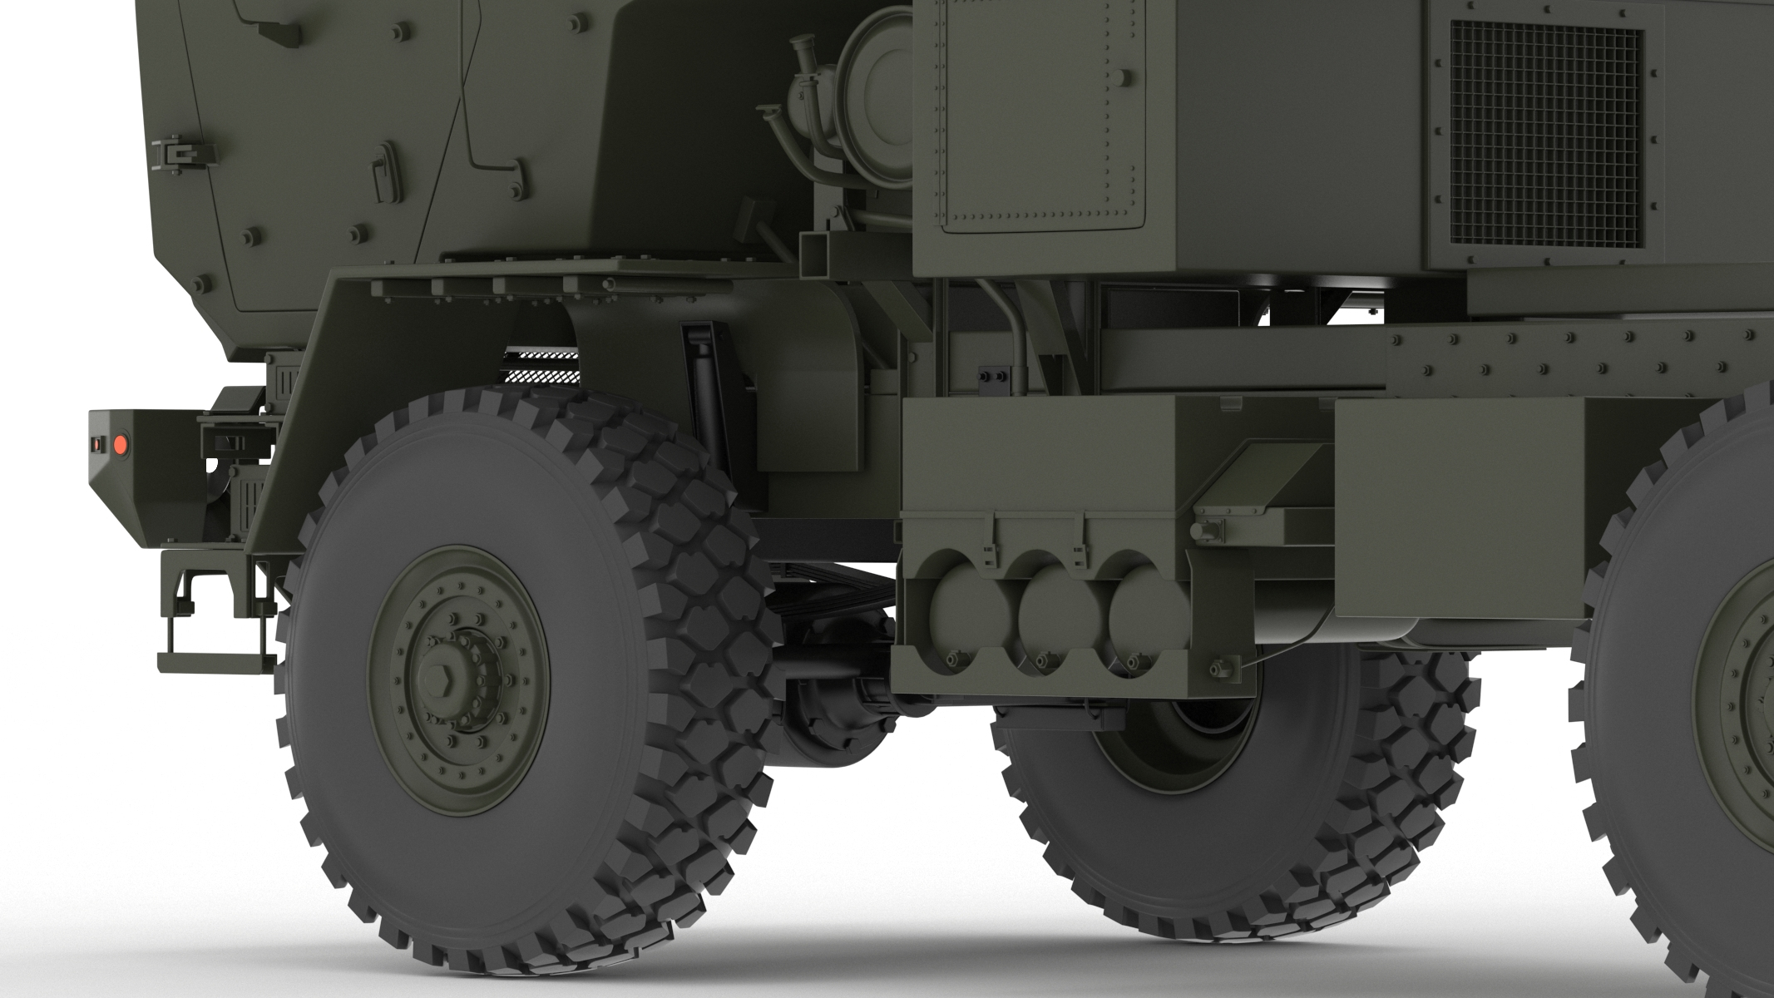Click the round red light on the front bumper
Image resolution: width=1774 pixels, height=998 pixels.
pos(121,443)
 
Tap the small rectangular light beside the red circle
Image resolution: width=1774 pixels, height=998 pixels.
pos(98,445)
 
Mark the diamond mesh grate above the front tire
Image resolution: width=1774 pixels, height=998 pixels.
pos(540,365)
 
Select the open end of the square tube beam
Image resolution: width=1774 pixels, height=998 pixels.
pos(818,253)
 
